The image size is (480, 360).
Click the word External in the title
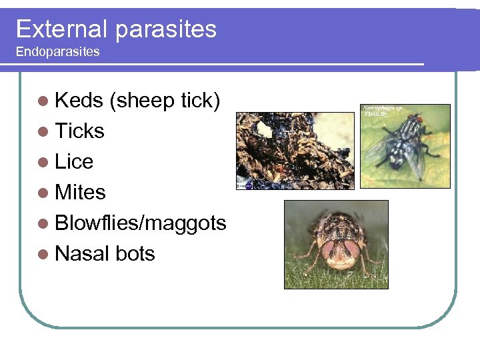[x=61, y=29]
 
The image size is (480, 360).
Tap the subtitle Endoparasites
[x=57, y=51]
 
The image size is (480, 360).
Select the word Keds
[x=79, y=100]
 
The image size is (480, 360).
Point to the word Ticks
[x=79, y=131]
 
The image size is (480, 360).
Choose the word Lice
[x=74, y=161]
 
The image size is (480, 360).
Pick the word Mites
[x=80, y=192]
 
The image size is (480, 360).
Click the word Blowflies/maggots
[x=141, y=223]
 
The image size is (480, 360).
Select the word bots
[x=135, y=253]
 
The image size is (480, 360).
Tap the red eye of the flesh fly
[x=419, y=117]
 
